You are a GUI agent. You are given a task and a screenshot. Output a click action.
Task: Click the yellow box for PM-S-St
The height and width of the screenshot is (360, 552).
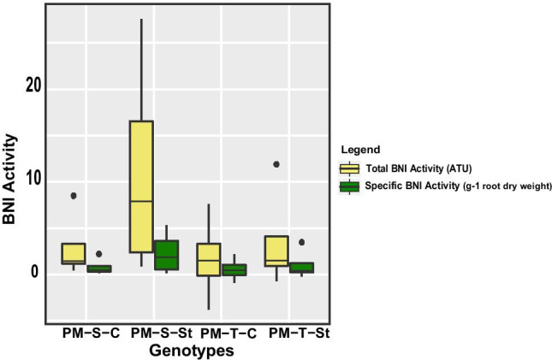click(141, 186)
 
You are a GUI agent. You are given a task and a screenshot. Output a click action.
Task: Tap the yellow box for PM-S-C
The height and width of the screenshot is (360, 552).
click(73, 253)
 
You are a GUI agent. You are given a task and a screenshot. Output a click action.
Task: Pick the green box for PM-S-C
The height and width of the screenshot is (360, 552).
click(99, 269)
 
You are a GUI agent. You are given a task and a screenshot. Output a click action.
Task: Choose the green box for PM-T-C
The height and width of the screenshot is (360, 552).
click(234, 269)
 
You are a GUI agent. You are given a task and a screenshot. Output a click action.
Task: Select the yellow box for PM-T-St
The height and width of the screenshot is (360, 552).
click(276, 251)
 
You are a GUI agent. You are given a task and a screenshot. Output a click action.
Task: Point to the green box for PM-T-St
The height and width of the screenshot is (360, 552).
click(302, 267)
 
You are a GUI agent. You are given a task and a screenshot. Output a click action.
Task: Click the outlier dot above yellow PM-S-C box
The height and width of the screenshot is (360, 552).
click(74, 196)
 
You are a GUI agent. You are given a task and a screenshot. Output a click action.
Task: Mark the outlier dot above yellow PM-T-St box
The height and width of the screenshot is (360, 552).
click(276, 164)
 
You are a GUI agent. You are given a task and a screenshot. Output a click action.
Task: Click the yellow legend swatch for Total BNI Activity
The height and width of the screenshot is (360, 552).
click(349, 168)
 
